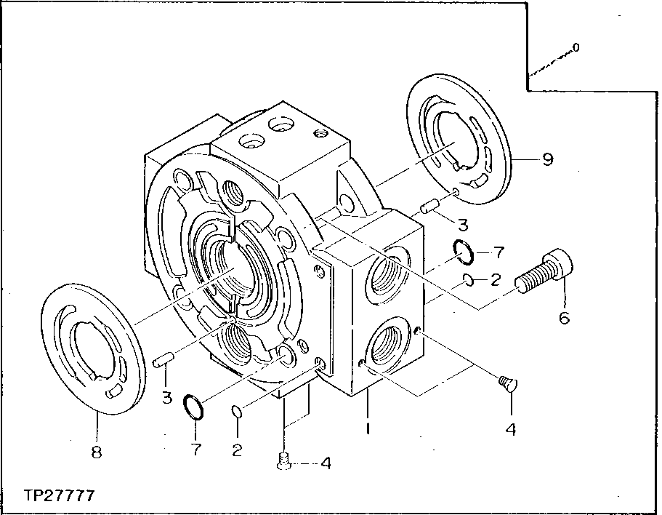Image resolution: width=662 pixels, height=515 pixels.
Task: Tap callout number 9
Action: pos(547,159)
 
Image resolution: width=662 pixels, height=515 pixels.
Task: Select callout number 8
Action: pos(97,452)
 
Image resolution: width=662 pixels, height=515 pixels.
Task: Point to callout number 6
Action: pos(564,318)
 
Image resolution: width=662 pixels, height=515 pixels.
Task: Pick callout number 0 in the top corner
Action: pos(576,48)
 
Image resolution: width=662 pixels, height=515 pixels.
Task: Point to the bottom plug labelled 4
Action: pos(285,460)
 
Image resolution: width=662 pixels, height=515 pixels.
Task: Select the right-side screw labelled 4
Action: pos(509,383)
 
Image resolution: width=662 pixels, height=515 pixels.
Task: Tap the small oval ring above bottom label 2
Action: pos(236,412)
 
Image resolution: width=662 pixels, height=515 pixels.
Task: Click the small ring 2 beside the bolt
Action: pos(469,279)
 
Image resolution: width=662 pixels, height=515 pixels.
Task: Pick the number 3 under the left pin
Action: pos(166,398)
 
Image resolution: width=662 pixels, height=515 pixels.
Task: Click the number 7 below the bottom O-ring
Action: pos(196,450)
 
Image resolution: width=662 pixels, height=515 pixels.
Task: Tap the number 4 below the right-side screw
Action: pos(511,429)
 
